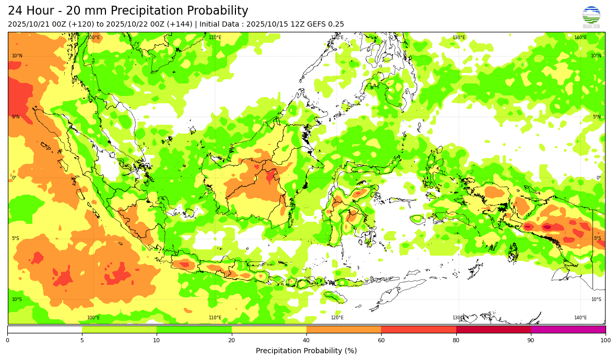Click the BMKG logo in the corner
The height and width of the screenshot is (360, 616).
point(591,17)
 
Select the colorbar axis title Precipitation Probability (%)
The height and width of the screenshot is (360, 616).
point(306,351)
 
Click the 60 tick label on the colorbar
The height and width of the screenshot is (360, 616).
point(381,340)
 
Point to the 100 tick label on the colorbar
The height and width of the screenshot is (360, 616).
point(605,340)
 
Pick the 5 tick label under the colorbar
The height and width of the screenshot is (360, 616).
point(82,340)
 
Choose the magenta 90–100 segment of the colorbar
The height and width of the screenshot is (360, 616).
point(568,329)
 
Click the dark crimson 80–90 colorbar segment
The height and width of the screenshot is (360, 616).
point(493,329)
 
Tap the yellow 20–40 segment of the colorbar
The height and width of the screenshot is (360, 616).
point(269,329)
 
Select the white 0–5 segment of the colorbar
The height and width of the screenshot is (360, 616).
point(44,329)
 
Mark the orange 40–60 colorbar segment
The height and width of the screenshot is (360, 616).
point(343,329)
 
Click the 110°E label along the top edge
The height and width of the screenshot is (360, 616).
point(215,38)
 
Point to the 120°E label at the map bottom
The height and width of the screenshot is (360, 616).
point(337,318)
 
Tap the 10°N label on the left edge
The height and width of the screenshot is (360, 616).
point(17,56)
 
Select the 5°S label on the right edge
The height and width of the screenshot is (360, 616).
point(597,238)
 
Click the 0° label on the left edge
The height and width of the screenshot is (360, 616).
point(14,178)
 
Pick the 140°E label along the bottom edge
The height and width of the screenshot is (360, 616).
point(580,318)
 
